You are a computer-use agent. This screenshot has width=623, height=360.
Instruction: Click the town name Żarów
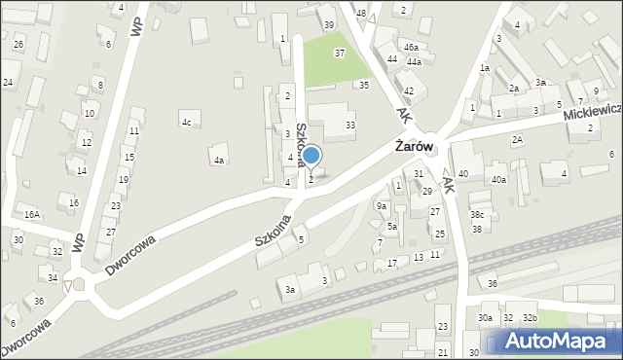pos(420,147)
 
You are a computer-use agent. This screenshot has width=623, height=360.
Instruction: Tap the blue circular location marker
pos(311,155)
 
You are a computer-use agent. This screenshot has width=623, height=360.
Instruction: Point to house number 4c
pos(186,122)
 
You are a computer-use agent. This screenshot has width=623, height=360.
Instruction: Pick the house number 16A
pos(32,214)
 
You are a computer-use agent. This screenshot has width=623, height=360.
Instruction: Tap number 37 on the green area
pos(339,53)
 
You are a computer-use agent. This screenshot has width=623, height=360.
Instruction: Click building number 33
pos(350,125)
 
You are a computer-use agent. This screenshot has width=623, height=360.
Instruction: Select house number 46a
pos(411,47)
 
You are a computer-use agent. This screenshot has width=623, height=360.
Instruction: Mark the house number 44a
pos(415,61)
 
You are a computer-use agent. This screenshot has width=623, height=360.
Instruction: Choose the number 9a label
pos(383,205)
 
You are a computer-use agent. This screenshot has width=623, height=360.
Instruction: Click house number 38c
pos(477,214)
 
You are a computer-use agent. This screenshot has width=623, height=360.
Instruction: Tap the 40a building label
pos(498,179)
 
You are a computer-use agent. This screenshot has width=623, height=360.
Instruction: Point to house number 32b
pos(530,318)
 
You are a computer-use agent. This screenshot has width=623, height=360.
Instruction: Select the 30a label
pos(485,318)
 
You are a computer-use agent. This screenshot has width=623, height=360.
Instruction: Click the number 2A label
pos(518,140)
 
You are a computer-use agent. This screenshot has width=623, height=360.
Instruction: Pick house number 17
pos(391,263)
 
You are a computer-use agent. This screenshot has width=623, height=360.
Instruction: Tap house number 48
pos(361,13)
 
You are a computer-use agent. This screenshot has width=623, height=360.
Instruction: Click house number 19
pos(124,179)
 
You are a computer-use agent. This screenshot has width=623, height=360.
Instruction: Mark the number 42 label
pos(409,90)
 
